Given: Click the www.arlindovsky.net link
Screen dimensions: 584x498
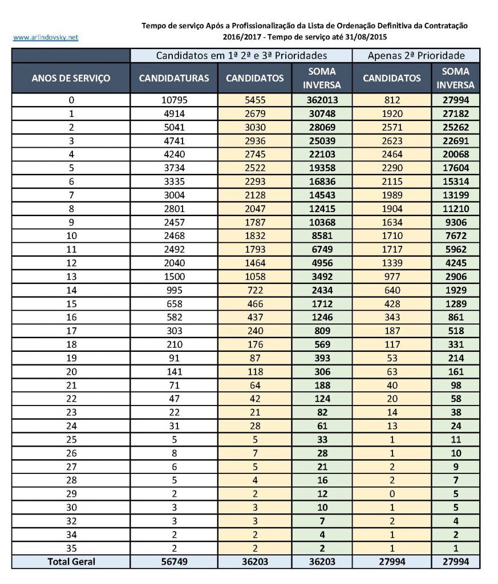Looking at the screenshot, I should click(x=45, y=38).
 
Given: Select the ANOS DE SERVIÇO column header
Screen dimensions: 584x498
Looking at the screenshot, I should click(x=71, y=78).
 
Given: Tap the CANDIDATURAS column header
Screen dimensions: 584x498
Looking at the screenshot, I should click(x=174, y=78).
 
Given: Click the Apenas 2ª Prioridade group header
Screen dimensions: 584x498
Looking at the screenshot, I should click(x=416, y=55).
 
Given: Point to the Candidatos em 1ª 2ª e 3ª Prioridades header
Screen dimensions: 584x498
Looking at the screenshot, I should click(x=241, y=55).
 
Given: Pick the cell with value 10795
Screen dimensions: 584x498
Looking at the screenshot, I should click(x=174, y=100).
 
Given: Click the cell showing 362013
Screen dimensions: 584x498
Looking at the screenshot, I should click(x=322, y=100).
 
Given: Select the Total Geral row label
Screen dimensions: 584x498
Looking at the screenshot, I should click(x=71, y=562).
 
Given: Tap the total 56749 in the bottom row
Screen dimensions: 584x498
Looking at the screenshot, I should click(x=174, y=562).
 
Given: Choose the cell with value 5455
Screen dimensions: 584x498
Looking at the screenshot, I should click(x=254, y=100).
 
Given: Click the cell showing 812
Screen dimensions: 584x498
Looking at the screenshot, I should click(x=391, y=100).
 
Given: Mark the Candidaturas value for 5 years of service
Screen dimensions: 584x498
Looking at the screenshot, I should click(x=174, y=168).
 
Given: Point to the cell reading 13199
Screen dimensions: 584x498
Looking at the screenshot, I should click(x=455, y=196).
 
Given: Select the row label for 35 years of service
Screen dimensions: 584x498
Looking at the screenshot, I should click(x=71, y=548).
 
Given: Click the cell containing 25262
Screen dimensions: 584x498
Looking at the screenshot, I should click(x=455, y=127).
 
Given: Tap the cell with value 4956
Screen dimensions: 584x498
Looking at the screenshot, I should click(x=322, y=263).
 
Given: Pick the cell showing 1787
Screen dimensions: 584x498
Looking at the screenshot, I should click(x=254, y=222).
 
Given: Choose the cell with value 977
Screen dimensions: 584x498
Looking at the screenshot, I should click(x=391, y=277).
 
